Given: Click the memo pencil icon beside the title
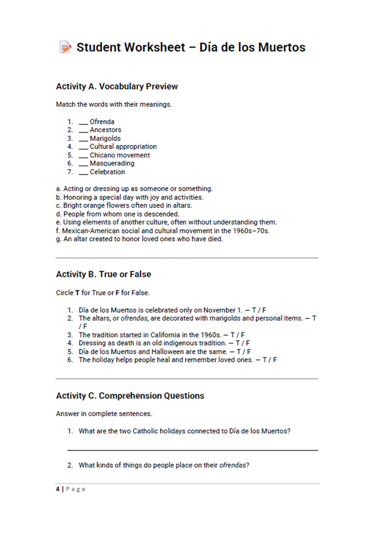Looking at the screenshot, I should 65,48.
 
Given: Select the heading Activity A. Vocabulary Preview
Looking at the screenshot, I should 117,86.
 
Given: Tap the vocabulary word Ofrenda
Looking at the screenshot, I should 102,122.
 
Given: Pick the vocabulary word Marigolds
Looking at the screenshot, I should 105,138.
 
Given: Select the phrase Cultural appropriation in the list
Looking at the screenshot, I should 123,147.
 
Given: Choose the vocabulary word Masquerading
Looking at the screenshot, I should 112,164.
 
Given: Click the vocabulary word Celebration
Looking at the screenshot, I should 107,172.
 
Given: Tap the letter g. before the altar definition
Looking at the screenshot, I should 58,239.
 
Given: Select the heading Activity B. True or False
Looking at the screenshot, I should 103,274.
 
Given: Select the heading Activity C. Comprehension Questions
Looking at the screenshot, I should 130,396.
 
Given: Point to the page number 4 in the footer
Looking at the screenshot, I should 58,489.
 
